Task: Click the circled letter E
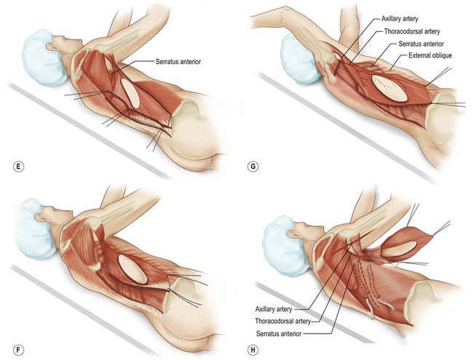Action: click(x=19, y=167)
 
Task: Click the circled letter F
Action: click(x=19, y=350)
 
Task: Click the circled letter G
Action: click(x=253, y=167)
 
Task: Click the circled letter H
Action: click(x=253, y=350)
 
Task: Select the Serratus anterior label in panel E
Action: click(x=178, y=62)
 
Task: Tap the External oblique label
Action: click(x=430, y=55)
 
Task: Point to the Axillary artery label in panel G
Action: click(x=400, y=19)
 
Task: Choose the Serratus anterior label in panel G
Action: click(x=421, y=44)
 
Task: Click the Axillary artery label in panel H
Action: click(x=274, y=309)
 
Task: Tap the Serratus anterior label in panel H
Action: click(x=279, y=334)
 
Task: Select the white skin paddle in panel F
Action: click(x=132, y=269)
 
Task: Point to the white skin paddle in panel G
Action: click(x=390, y=88)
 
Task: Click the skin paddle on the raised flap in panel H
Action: click(x=400, y=249)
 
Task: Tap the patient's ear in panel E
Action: click(x=51, y=47)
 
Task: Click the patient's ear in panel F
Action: click(x=39, y=217)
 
